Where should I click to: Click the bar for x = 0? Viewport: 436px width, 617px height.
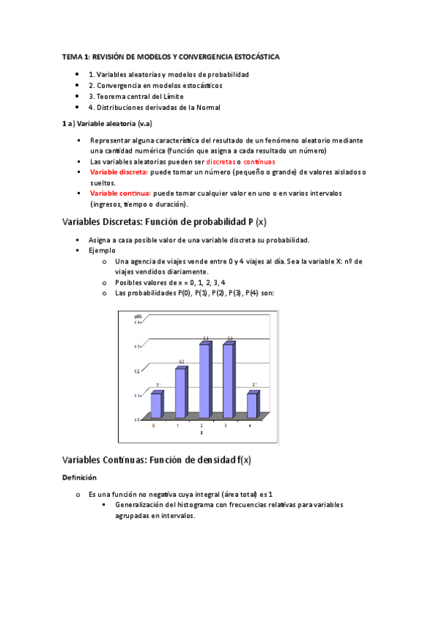[156, 405]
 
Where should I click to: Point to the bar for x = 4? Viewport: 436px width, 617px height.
[252, 405]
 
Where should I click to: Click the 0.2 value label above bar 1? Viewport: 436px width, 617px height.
[181, 362]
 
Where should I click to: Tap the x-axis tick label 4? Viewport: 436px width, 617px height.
[250, 426]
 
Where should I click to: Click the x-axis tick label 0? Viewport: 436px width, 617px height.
[154, 426]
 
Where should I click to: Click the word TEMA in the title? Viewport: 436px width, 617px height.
[73, 56]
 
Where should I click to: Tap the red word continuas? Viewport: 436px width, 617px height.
[259, 162]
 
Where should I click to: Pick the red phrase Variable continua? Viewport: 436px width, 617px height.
[120, 194]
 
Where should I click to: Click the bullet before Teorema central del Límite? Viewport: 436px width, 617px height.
[77, 96]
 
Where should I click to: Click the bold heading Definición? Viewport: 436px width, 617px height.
[79, 478]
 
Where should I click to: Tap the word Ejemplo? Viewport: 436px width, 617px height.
[102, 250]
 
